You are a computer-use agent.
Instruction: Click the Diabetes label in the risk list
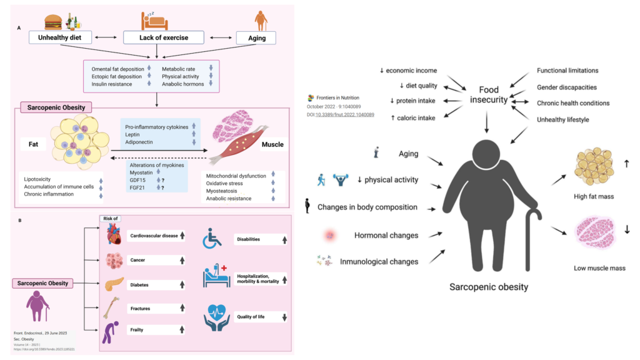coord(141,284)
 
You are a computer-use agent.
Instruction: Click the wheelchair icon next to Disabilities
coord(213,239)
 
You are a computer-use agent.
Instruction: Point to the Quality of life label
coord(251,317)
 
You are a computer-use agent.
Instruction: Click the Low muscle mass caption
coord(599,268)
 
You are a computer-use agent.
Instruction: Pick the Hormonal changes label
coord(386,236)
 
